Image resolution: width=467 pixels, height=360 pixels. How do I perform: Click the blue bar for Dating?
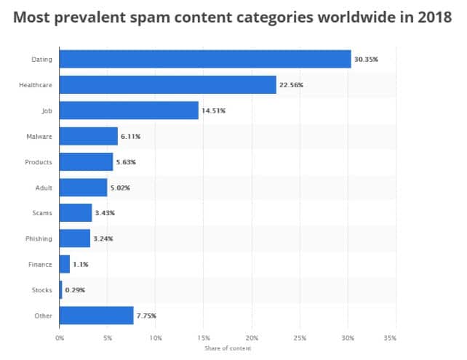pyautogui.click(x=205, y=59)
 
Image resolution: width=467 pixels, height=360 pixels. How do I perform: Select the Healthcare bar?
pyautogui.click(x=167, y=85)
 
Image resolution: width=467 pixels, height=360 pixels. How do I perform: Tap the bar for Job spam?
pyautogui.click(x=129, y=111)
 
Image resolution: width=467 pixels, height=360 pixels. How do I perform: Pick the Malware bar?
pyautogui.click(x=88, y=136)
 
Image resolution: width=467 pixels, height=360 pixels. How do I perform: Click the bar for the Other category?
pyautogui.click(x=96, y=316)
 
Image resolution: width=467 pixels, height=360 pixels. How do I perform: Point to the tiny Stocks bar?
pyautogui.click(x=60, y=289)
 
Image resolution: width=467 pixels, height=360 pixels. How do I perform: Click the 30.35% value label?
pyautogui.click(x=367, y=60)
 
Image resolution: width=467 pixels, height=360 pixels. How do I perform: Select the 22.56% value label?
pyautogui.click(x=291, y=85)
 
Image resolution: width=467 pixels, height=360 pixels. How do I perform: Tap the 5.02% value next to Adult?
pyautogui.click(x=121, y=188)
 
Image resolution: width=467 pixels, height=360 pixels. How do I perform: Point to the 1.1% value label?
pyautogui.click(x=80, y=264)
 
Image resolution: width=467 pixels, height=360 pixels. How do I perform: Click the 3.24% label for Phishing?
pyautogui.click(x=104, y=239)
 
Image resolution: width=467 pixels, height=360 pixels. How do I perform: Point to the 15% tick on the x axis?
pyautogui.click(x=203, y=338)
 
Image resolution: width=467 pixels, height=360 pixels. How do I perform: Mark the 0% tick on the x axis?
pyautogui.click(x=59, y=338)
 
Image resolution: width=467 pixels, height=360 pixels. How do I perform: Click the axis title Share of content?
pyautogui.click(x=227, y=347)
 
